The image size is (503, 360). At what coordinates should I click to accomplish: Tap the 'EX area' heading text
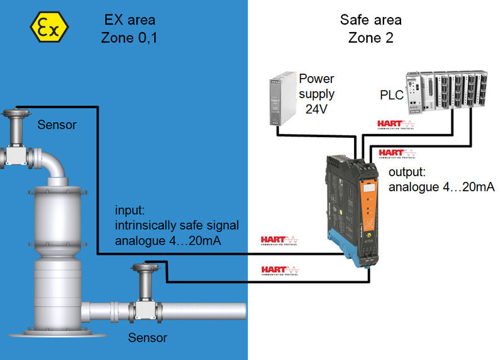129,20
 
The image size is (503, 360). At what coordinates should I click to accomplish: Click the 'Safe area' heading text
370,20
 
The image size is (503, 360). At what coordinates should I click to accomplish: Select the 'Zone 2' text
370,38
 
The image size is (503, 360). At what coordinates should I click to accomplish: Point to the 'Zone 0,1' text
129,38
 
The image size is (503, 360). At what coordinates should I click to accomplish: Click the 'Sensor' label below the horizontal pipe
148,338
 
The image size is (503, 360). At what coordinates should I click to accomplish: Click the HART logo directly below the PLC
395,125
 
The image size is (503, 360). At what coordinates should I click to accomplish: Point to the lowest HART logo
280,271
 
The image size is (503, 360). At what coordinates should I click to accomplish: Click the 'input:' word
130,210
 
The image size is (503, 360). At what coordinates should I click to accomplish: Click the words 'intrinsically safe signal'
177,225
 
